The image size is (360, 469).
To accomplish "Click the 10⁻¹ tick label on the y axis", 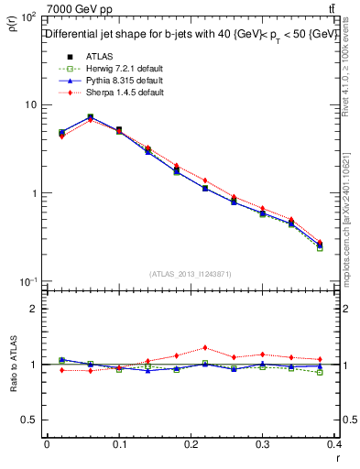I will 27,281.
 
